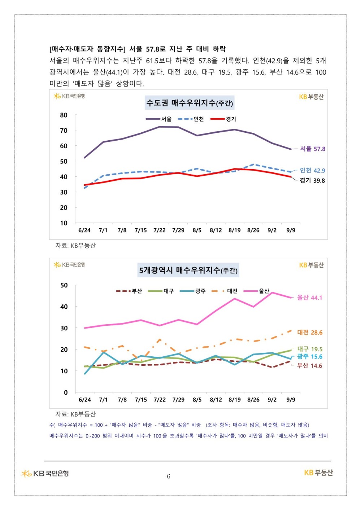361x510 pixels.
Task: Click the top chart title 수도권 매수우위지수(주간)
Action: (190, 103)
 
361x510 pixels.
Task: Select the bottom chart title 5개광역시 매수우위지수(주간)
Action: (188, 270)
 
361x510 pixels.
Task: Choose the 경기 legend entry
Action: (223, 119)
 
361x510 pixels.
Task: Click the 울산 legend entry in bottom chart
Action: (257, 291)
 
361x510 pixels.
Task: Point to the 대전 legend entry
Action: (225, 291)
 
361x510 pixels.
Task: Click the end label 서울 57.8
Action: (313, 149)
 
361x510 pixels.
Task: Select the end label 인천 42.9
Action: (312, 171)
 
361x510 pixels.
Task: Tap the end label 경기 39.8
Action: (312, 181)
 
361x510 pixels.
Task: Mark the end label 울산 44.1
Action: (309, 298)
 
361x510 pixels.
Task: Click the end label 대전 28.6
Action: (310, 333)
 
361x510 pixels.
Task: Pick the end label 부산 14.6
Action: (309, 366)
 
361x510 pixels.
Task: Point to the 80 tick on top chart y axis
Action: (64, 115)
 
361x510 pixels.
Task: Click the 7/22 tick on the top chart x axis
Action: (160, 230)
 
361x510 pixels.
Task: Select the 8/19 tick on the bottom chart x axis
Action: (235, 400)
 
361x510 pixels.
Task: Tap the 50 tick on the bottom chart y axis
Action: (64, 285)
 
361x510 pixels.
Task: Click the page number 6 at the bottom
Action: (169, 476)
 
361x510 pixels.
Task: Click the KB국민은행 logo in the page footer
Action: (45, 474)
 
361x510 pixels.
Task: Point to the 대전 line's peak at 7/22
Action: (160, 339)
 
